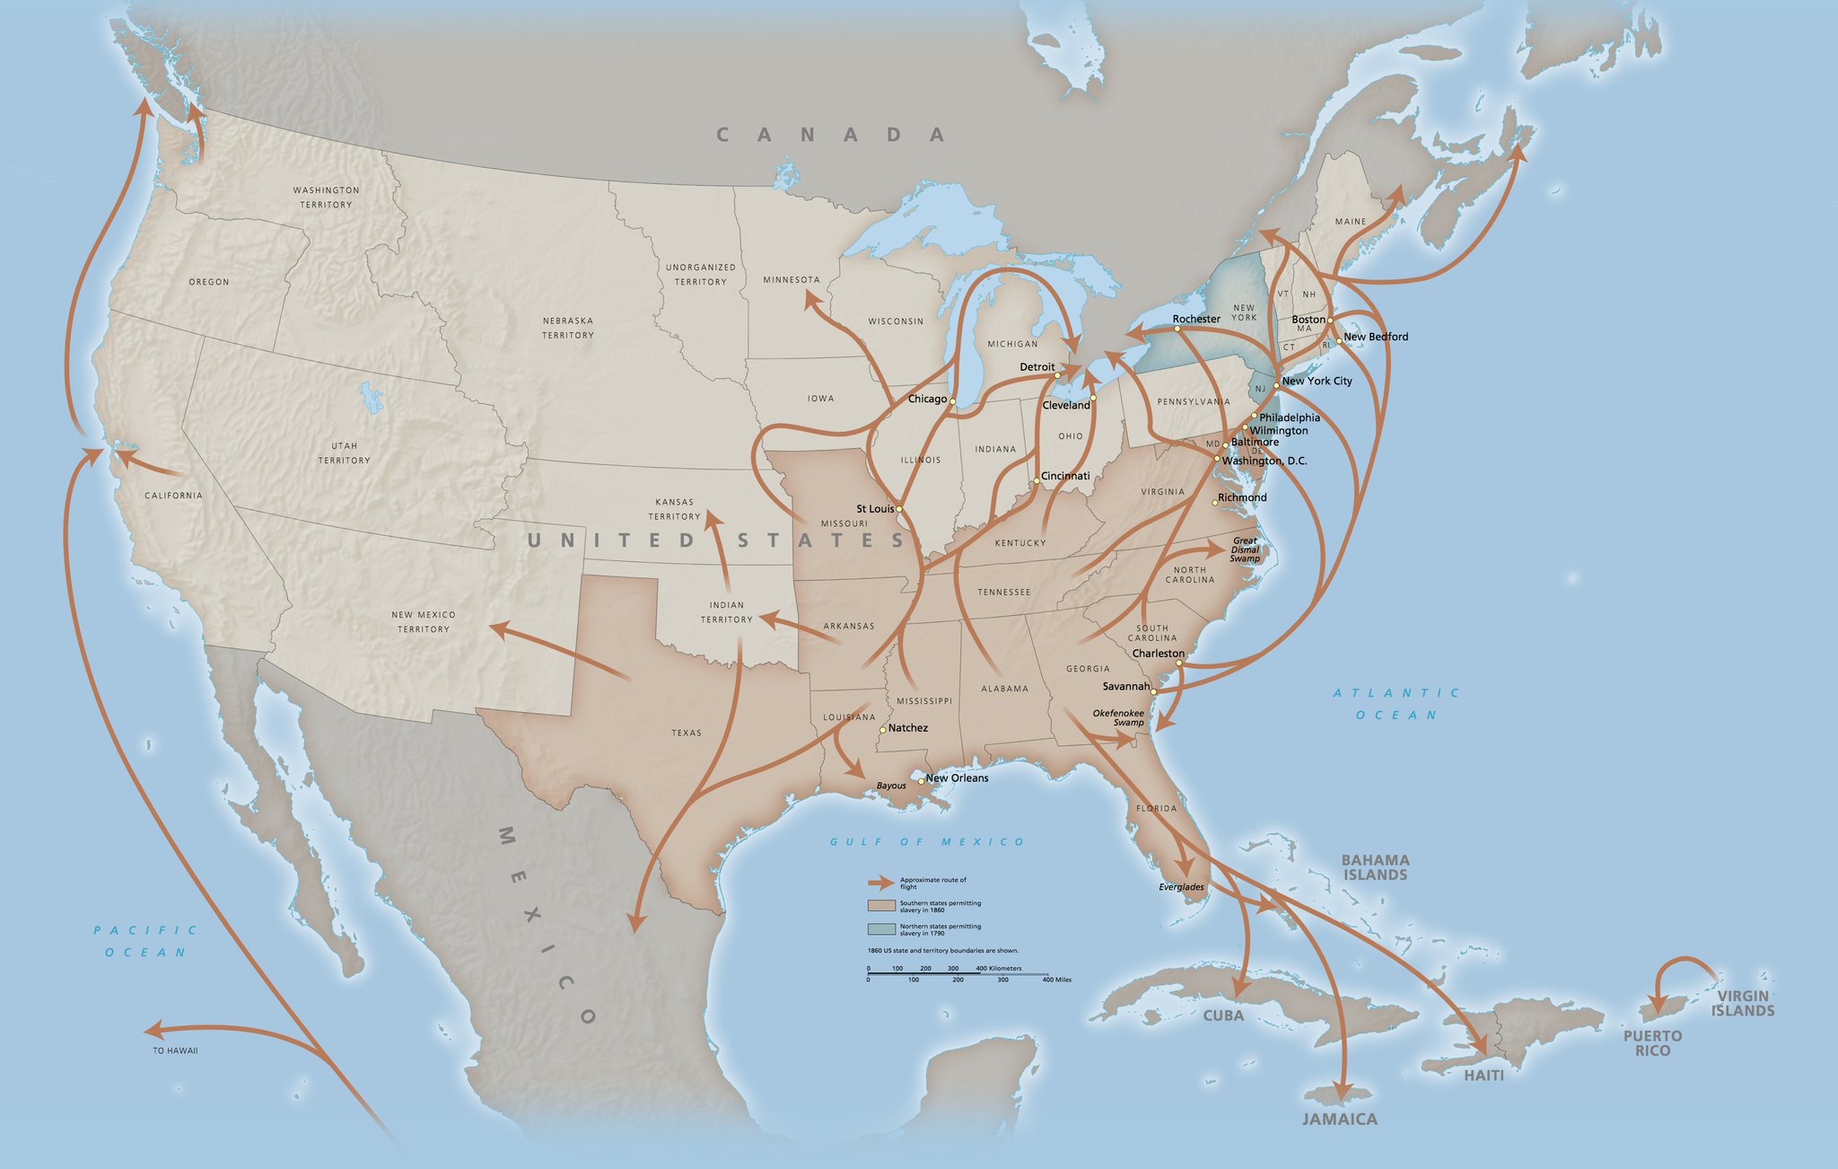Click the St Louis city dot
coord(898,510)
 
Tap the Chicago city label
coord(927,399)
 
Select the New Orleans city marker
coord(921,781)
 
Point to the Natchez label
coord(907,728)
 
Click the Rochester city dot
coord(1177,329)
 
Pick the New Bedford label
coord(1376,337)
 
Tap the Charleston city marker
coord(1178,663)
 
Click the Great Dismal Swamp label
coord(1245,549)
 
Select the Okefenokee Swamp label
coord(1118,717)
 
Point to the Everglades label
coord(1181,887)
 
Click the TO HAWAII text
coord(175,1050)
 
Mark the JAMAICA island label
coord(1339,1119)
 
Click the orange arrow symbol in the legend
coord(881,882)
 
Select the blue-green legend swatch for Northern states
coord(881,928)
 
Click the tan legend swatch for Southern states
coord(881,905)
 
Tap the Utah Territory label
coord(344,453)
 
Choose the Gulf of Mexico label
coord(927,841)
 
